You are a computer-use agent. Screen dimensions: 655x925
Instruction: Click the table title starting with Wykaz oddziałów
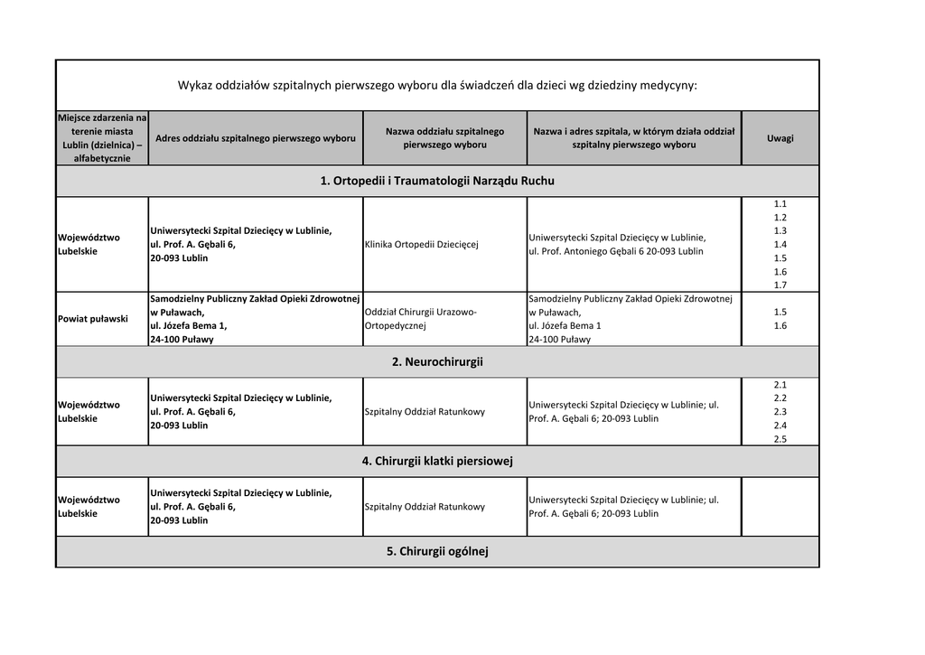click(437, 86)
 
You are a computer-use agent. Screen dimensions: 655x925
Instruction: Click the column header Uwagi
click(780, 138)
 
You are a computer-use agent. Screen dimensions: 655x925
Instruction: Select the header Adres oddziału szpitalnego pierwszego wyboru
click(256, 138)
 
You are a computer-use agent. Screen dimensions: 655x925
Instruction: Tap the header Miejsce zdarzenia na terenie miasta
click(102, 138)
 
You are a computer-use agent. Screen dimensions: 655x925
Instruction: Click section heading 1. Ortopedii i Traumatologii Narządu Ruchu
click(437, 181)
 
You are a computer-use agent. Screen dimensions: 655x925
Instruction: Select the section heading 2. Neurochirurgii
click(437, 361)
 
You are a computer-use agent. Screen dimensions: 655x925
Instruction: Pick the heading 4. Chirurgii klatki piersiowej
click(437, 461)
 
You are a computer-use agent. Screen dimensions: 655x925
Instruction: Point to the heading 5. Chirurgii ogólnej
click(437, 551)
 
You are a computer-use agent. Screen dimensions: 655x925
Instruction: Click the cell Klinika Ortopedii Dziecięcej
click(421, 244)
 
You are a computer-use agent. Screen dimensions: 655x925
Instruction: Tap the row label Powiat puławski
click(92, 319)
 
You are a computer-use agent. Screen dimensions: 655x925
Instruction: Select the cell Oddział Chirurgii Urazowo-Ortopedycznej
click(420, 319)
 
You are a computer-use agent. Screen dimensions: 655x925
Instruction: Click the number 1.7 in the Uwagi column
click(780, 285)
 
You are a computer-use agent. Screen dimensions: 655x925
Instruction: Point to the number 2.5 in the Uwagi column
click(780, 439)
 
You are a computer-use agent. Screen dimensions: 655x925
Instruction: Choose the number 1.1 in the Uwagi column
click(780, 204)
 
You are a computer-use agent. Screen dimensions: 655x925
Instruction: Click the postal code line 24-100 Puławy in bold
click(182, 340)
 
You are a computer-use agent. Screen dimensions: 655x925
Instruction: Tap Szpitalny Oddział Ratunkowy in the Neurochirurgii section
click(425, 412)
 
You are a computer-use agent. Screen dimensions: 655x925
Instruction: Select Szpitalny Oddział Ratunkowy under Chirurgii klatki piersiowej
click(425, 507)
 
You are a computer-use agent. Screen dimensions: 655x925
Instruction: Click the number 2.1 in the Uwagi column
click(780, 384)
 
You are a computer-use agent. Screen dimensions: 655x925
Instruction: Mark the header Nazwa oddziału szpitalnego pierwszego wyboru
click(444, 138)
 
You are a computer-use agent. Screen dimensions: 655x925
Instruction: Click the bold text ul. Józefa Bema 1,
click(188, 325)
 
